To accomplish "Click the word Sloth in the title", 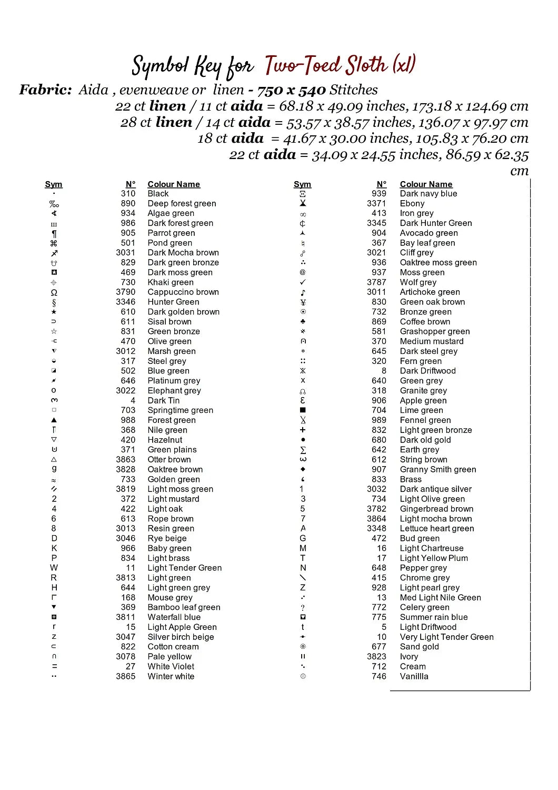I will click(x=366, y=65).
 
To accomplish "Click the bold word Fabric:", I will click(x=45, y=90).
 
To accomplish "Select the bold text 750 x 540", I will click(x=292, y=90).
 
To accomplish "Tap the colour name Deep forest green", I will click(x=182, y=203).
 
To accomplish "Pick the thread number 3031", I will click(x=126, y=253).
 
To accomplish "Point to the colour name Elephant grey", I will click(x=174, y=391).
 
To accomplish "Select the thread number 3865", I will click(x=126, y=676).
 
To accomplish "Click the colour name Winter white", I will click(x=171, y=676).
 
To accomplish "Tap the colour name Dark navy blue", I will click(x=429, y=194).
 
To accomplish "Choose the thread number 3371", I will click(x=376, y=203).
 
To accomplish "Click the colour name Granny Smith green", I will click(x=438, y=469).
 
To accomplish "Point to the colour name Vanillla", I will click(x=414, y=676).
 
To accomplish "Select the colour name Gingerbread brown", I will click(x=436, y=509).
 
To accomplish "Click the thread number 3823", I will click(x=376, y=657).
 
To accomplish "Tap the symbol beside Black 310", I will click(x=54, y=194).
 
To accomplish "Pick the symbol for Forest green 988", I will click(x=54, y=420).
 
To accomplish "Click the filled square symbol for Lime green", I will click(x=303, y=410).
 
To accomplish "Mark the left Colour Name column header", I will click(x=174, y=184).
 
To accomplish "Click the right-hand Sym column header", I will click(x=302, y=184).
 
